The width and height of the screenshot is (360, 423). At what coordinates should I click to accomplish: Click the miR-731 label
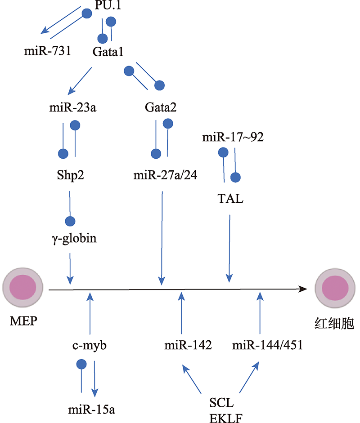pos(48,51)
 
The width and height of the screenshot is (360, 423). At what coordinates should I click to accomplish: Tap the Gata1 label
pos(108,52)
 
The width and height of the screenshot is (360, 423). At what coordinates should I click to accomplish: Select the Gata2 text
pos(160,107)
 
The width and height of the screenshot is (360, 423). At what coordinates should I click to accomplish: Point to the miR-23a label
pos(72,107)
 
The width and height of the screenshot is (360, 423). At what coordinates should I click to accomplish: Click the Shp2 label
pos(70,175)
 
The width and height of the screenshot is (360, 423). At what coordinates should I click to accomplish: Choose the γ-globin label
pos(74,239)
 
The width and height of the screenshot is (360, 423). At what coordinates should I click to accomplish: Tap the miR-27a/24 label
pos(165,175)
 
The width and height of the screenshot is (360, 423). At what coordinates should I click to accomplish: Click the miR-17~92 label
pos(233,137)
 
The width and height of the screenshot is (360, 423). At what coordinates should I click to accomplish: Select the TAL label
pos(230,199)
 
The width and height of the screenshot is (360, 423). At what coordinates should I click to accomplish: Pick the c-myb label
pos(90,346)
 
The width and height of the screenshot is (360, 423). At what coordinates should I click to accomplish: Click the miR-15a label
pos(91,410)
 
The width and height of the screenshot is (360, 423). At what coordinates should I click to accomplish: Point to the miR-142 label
pos(188,345)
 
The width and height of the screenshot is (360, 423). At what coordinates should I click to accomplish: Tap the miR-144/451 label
pos(267,345)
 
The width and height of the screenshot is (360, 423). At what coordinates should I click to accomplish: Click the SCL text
pos(221,403)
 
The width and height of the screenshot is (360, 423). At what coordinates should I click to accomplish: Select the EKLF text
pos(226,418)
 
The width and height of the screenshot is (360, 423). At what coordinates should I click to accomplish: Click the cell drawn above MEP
pos(22,288)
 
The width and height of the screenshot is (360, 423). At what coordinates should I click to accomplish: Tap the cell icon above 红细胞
pos(335,288)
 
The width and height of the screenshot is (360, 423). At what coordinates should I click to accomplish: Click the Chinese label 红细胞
pos(334,324)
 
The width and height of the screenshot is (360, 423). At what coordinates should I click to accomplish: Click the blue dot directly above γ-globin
pos(70,221)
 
